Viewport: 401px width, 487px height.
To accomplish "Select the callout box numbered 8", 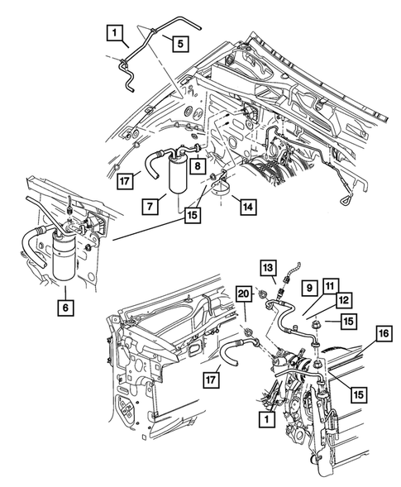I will pyautogui.click(x=198, y=166).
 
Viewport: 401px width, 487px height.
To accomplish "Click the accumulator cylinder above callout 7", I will pyautogui.click(x=178, y=176).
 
